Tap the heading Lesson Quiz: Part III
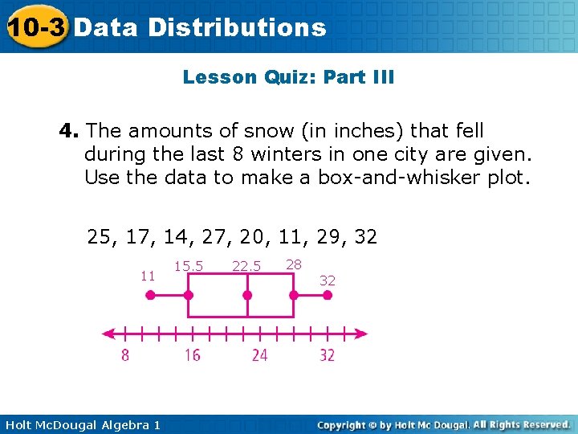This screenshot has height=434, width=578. point(288,78)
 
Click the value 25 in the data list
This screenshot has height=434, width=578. point(100,237)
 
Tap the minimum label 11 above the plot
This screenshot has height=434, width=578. point(148,275)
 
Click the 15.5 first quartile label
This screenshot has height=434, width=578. point(189,266)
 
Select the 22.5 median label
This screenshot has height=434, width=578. point(246,266)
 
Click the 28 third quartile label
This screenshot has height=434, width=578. point(294,264)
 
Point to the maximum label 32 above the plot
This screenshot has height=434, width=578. point(328,280)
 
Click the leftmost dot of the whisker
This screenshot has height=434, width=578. point(150,295)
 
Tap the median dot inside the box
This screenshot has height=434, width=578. point(247,295)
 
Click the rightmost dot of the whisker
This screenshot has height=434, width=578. point(328,295)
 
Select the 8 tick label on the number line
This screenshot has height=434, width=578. point(124,354)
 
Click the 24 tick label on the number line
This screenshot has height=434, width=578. point(259,354)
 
